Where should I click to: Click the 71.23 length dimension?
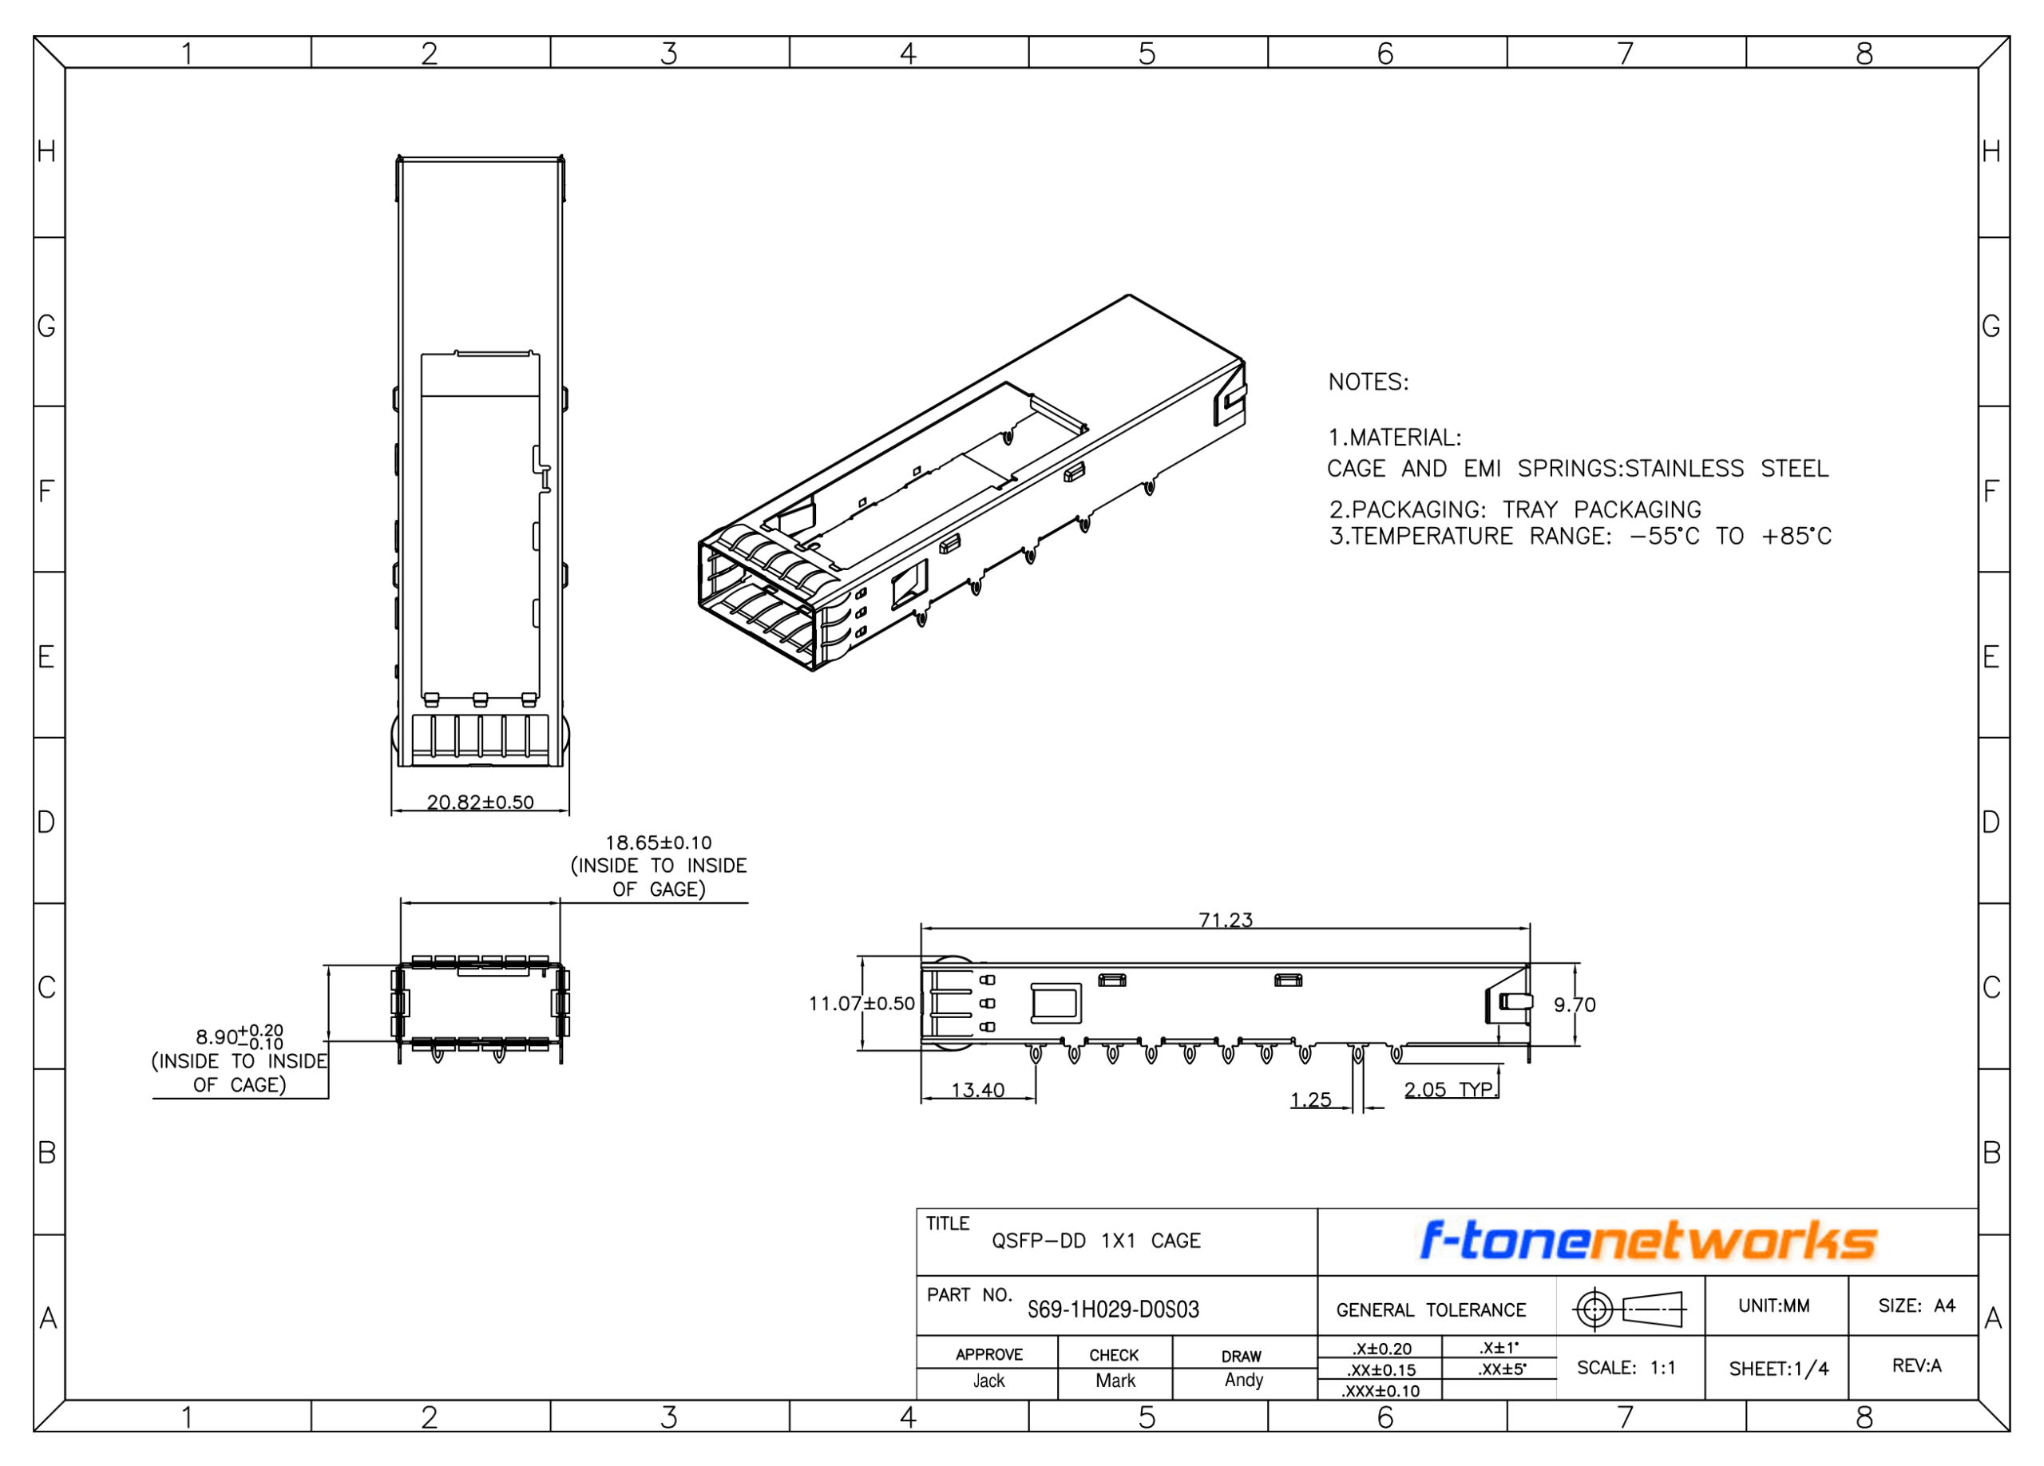1225,920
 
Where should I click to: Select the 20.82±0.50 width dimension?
481,802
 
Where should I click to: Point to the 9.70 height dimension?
1575,1004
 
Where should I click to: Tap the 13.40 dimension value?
978,1090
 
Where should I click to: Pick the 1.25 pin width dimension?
1310,1099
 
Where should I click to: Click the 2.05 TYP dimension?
1448,1089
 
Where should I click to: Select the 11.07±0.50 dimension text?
862,1004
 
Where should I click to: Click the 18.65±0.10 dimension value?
659,842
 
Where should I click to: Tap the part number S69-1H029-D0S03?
1113,1309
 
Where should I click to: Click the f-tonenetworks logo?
1648,1241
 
